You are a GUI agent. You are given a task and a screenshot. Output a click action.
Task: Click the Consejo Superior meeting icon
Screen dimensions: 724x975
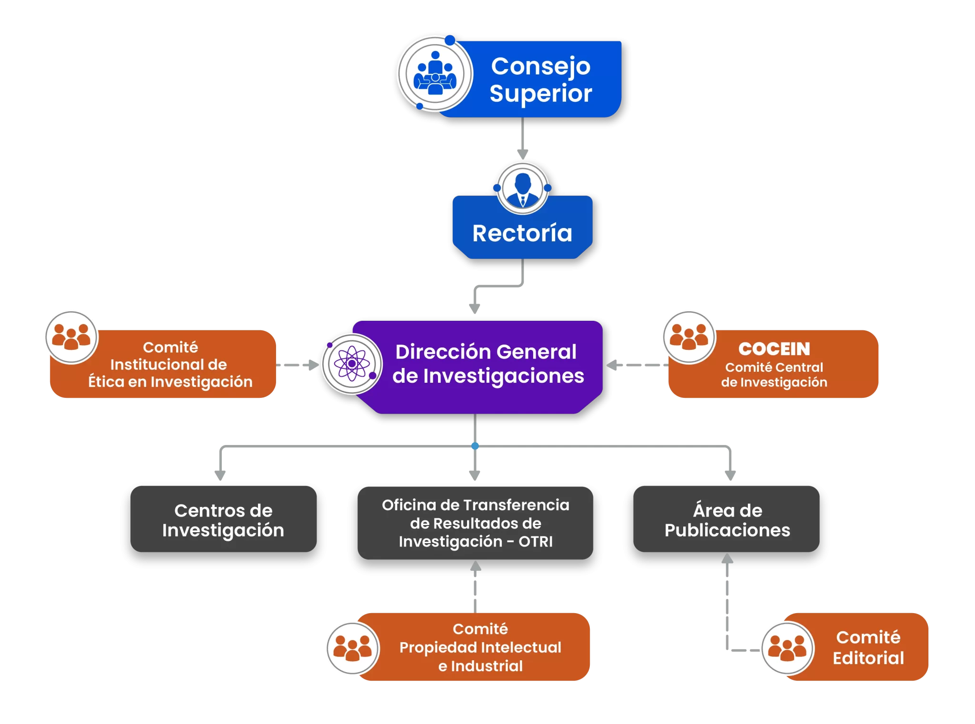(x=435, y=74)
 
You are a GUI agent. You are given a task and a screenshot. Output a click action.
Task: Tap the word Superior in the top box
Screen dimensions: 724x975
(x=541, y=93)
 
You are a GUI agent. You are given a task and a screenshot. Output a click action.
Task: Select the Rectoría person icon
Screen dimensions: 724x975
(x=523, y=188)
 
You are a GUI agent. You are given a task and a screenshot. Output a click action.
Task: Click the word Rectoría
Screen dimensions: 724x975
(x=522, y=233)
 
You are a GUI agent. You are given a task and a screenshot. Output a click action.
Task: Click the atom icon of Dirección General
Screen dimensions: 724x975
(x=352, y=364)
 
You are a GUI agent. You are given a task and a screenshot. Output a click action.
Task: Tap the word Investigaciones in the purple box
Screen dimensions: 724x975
(x=504, y=376)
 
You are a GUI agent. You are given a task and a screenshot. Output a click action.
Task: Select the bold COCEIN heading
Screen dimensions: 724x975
(x=774, y=349)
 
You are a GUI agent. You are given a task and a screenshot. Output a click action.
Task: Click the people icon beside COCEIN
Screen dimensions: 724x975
(x=688, y=337)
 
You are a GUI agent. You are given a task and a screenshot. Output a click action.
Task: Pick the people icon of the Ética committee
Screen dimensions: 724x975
(x=71, y=337)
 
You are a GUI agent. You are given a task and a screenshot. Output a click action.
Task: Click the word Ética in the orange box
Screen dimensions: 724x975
(x=106, y=382)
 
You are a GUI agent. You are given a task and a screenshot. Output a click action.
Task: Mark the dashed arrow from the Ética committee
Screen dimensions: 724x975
(x=298, y=365)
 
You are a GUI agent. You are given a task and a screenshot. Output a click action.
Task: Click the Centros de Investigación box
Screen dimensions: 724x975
(x=223, y=519)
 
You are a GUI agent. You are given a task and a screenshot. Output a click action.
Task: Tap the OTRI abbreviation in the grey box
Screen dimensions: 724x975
(x=536, y=542)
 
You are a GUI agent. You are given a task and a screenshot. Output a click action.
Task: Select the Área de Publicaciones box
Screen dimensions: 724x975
(x=726, y=519)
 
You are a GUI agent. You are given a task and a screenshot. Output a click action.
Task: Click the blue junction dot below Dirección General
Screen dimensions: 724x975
(x=475, y=446)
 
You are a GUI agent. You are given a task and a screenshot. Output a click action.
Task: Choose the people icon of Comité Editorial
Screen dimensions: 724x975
(x=787, y=648)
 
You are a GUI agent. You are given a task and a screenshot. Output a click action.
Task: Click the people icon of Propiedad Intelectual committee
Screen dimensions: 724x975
(x=352, y=648)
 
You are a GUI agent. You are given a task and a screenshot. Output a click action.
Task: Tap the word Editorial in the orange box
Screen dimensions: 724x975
(x=868, y=658)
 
